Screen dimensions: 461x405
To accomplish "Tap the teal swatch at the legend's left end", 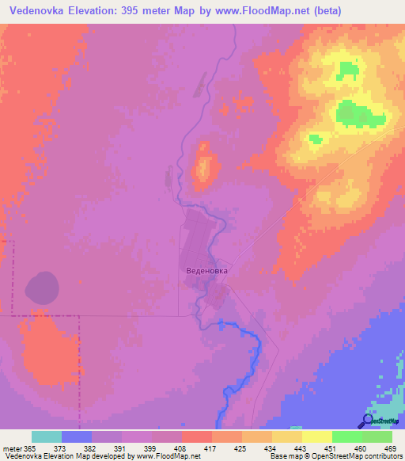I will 46,436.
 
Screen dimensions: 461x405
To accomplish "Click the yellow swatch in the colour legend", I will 316,436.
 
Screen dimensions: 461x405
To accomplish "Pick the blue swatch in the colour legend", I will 76,436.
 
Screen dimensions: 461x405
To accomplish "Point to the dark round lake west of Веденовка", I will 41,286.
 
